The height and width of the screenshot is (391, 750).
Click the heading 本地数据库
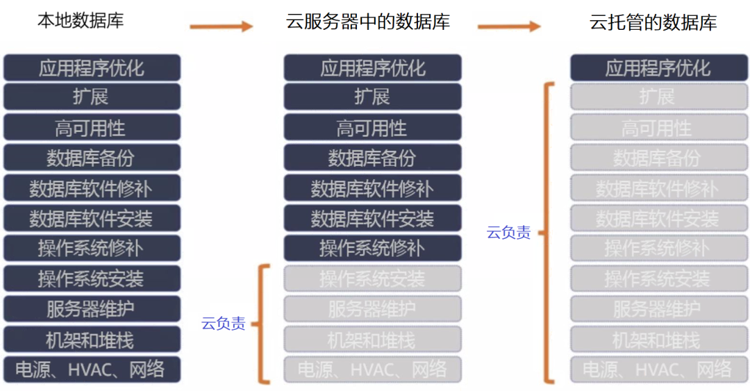point(81,20)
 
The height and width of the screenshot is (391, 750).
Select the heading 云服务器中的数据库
point(368,22)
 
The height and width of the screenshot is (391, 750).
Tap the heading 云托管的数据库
point(653,22)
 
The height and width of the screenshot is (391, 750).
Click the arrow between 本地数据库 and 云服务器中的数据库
point(222,26)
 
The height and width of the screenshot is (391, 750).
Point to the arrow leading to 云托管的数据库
point(509,26)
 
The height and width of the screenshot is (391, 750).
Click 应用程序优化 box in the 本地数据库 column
point(92,68)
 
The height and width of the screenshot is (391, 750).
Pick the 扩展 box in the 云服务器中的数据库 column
point(372,97)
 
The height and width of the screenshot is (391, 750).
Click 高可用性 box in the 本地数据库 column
point(92,128)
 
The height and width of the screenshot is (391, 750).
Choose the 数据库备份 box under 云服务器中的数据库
point(372,158)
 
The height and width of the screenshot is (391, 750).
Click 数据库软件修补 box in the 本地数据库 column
point(92,188)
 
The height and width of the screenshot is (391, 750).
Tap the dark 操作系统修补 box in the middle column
point(372,248)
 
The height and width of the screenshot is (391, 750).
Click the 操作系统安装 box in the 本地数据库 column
point(92,278)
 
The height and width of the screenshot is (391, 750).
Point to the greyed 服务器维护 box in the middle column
point(372,308)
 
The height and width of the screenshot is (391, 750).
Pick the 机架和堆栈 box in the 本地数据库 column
point(92,339)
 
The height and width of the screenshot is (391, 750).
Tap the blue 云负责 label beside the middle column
point(223,324)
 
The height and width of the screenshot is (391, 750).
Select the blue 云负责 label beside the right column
point(508,233)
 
